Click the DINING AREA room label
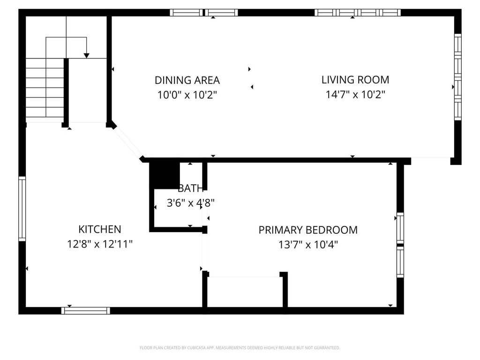(187, 80)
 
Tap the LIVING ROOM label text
(355, 80)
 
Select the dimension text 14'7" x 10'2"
(355, 95)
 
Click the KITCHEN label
(99, 229)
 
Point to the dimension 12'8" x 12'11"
(99, 244)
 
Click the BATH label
(190, 188)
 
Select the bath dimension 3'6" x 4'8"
(190, 203)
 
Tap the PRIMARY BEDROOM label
(308, 230)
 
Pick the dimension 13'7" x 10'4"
(308, 244)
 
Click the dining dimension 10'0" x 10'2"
(187, 95)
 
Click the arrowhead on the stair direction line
(86, 56)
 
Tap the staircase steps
(45, 89)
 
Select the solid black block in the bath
(165, 174)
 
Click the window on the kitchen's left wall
(22, 209)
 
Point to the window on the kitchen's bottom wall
(86, 310)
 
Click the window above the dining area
(203, 13)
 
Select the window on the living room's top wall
(358, 13)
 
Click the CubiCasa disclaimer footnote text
(240, 348)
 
